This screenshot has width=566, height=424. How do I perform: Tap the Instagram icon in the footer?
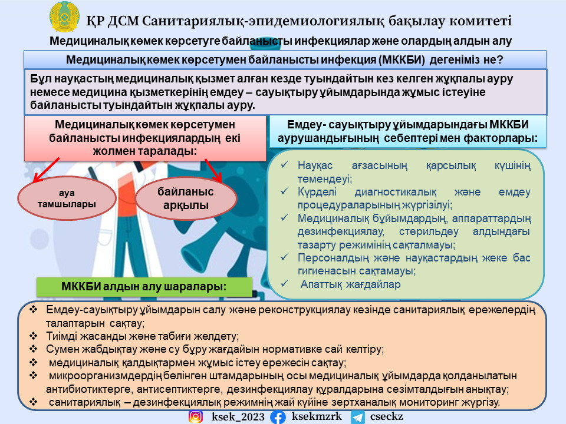[x=195, y=417]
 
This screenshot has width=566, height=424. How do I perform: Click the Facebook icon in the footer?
[x=278, y=417]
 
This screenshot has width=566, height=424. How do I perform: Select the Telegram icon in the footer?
[x=357, y=417]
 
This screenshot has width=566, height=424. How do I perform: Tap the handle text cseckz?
[x=387, y=417]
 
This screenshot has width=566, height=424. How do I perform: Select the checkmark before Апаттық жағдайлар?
[x=285, y=284]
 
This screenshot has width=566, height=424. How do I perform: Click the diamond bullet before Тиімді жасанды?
[x=34, y=336]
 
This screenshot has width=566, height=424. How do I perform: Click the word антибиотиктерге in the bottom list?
[x=85, y=389]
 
